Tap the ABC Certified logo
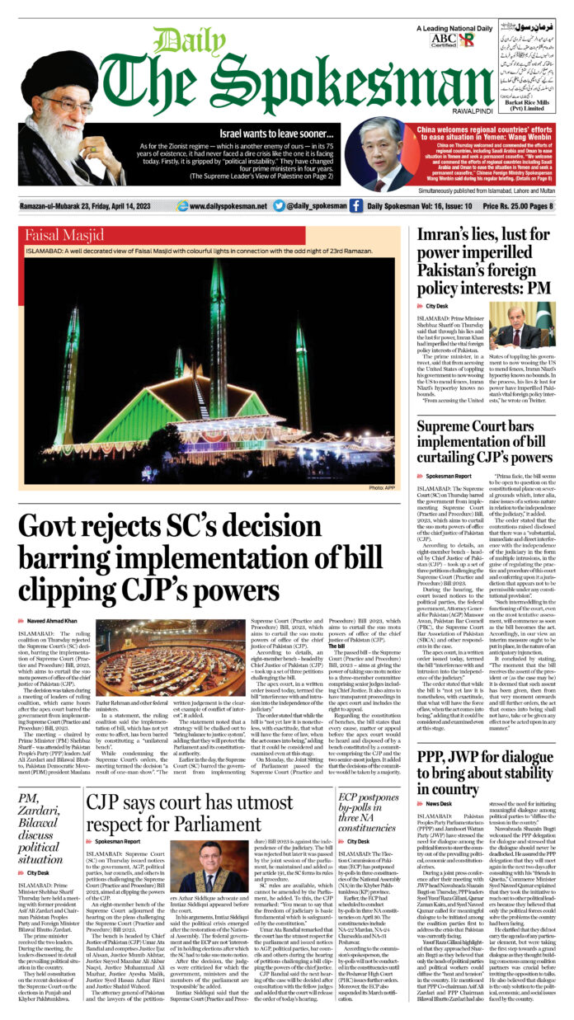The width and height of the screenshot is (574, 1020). click(443, 40)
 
